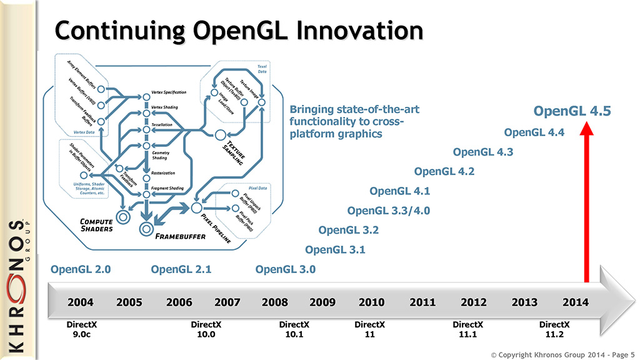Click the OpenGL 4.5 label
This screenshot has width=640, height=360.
coord(571,112)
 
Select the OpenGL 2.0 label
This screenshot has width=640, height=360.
coord(81,270)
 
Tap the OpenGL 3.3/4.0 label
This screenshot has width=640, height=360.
coord(388,211)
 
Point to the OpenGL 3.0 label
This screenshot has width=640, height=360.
coord(286,270)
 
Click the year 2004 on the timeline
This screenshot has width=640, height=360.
coord(81,302)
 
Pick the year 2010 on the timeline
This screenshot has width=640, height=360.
coord(371,302)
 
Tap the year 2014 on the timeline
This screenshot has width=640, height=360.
coord(575,302)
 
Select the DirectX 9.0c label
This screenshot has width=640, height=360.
coord(82,329)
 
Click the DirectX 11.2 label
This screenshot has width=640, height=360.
coord(555,329)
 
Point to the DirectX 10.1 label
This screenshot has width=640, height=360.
coord(294,329)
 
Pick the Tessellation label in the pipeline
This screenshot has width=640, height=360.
coord(166,124)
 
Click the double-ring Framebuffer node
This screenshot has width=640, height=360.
coord(147,228)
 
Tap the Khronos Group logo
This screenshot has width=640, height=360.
coord(17,287)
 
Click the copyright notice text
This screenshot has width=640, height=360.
coord(562,354)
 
